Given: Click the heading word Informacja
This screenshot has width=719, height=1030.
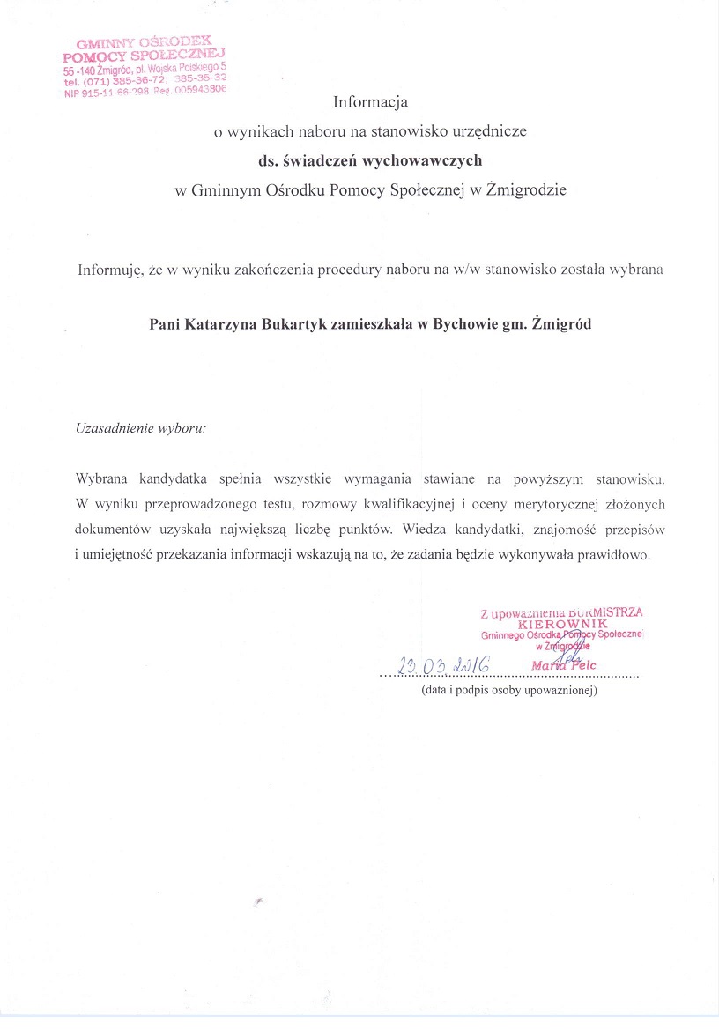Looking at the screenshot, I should click(x=370, y=101).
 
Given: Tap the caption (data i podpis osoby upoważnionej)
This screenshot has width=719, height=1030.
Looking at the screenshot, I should click(x=509, y=691).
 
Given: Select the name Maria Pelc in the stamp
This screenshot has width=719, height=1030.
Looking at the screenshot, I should click(x=564, y=665).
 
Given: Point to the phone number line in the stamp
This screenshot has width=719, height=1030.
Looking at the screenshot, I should click(x=145, y=79).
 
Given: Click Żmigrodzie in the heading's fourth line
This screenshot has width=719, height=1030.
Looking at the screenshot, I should click(x=525, y=189).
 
